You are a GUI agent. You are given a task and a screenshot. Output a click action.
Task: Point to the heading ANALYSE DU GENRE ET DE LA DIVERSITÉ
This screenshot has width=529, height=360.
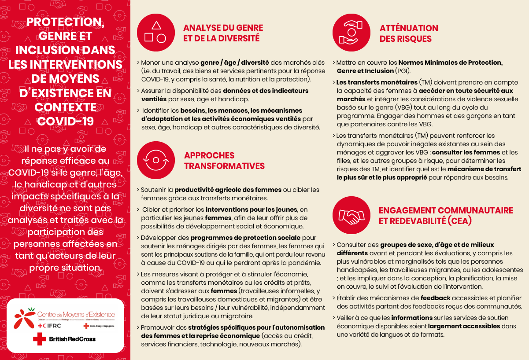[223, 33]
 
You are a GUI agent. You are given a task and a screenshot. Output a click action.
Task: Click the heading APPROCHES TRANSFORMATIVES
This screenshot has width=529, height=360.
[224, 161]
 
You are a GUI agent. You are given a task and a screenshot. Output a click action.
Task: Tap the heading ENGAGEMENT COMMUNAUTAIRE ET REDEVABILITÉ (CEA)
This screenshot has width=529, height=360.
[446, 216]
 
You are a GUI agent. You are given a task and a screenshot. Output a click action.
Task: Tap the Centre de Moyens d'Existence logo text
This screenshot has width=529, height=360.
[76, 315]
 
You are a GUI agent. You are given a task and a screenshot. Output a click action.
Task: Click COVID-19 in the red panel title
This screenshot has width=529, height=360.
[65, 121]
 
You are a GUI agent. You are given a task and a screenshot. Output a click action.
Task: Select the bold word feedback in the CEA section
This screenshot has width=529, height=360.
[436, 298]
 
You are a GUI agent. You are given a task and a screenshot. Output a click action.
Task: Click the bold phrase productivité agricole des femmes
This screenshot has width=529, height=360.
[228, 190]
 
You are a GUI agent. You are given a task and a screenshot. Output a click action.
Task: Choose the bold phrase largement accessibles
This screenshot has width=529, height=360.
[464, 326]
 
